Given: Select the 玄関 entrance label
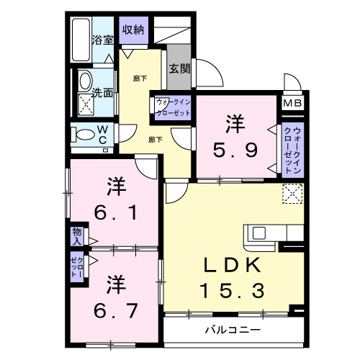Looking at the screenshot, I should coord(179,70).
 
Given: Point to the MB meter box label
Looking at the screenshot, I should coord(292,104).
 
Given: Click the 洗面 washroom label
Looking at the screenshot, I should coord(102,93).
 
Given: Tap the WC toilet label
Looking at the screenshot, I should coord(102,134).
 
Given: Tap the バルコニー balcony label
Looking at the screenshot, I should coord(231,330).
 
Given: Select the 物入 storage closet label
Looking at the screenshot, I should coord(76,235).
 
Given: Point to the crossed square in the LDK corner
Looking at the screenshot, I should coord(292,194).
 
